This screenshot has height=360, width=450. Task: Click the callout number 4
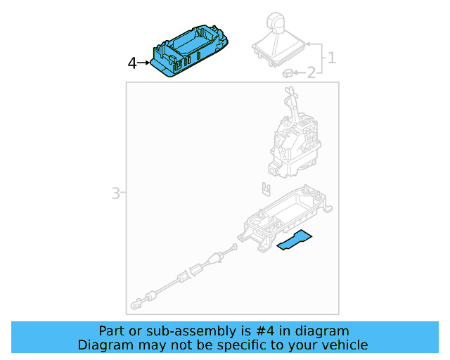point(132,63)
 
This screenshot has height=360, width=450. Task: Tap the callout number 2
point(311,72)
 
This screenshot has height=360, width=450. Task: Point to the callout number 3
point(116,193)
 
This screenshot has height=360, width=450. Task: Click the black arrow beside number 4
point(144,63)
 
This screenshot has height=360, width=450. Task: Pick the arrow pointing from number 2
point(298,72)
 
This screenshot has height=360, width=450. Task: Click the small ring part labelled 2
point(287,72)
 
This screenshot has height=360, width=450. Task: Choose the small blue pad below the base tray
point(295,240)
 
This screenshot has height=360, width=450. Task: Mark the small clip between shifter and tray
point(264,188)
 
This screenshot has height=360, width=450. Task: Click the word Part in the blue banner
point(112,330)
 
